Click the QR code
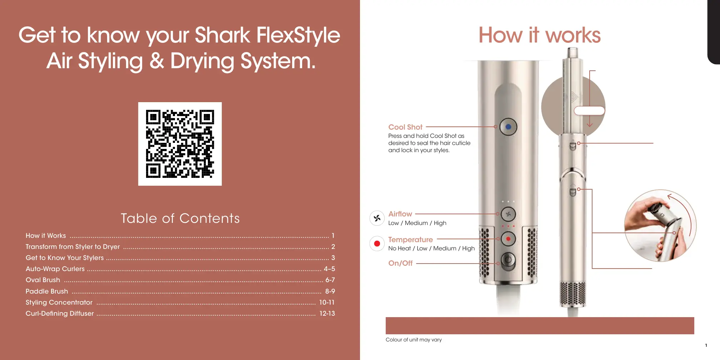[180, 144]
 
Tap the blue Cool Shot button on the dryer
[508, 127]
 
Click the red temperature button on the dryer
[508, 239]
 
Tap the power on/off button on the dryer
[508, 260]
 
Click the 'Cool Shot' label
[405, 127]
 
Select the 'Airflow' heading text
[400, 214]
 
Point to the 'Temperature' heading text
[410, 240]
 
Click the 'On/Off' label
[400, 263]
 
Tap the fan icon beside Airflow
[377, 218]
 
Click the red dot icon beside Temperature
[377, 244]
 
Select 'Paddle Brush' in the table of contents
[47, 291]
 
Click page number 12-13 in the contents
[327, 313]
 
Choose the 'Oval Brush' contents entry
[43, 280]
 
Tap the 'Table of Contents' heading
[180, 218]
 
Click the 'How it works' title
[539, 35]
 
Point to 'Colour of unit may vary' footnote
[414, 340]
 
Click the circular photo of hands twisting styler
[660, 226]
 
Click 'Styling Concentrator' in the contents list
[59, 302]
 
